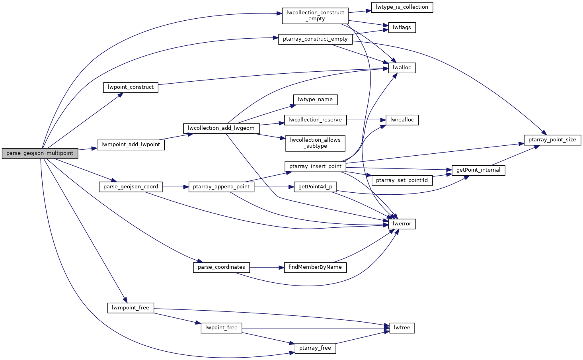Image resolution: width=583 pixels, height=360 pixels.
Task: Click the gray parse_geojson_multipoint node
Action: pos(40,153)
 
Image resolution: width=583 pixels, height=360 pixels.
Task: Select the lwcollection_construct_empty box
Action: pos(315,16)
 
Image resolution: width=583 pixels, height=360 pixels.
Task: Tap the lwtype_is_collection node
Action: pos(402,7)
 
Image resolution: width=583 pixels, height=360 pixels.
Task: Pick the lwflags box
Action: pos(402,27)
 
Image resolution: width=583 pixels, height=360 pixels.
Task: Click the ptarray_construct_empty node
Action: pos(315,39)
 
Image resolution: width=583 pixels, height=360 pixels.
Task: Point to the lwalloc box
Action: pos(402,68)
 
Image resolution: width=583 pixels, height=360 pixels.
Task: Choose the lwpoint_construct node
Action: pos(131,87)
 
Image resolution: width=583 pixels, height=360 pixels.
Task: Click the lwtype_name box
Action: pos(315,100)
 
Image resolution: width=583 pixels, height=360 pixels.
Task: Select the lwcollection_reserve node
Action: pos(315,120)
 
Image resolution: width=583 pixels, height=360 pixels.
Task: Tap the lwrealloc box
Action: pos(402,120)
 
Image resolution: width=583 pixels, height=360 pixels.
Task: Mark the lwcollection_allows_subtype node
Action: pos(315,143)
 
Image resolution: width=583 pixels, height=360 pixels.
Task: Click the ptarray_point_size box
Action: pos(552,140)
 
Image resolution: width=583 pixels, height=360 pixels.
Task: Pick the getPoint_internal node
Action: pos(478,170)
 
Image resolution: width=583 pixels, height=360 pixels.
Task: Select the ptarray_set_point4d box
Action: pos(402,180)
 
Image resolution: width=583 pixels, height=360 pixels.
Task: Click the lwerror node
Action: pos(402,224)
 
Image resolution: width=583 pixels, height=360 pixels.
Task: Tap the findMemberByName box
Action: pos(315,267)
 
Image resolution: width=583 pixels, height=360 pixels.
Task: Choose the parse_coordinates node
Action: pos(221,267)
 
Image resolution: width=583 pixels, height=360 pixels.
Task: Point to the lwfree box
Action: pos(402,328)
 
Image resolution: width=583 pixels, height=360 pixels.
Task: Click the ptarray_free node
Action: pos(315,348)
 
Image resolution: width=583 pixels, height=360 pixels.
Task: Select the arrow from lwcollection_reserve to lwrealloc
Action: pos(366,120)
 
